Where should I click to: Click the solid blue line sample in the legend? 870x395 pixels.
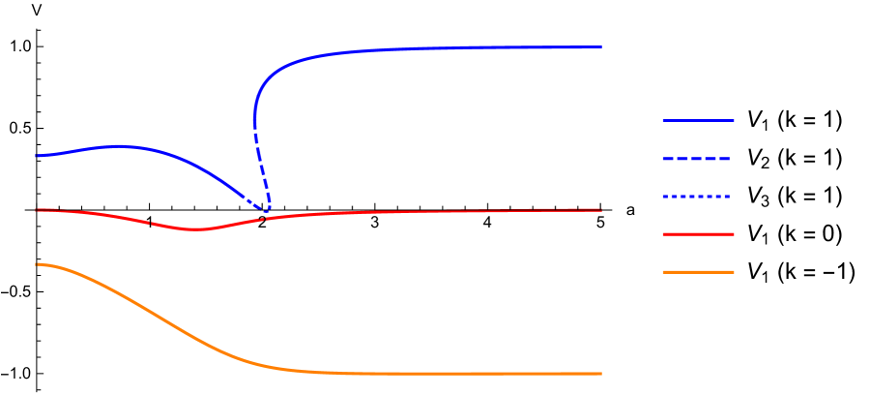click(698, 121)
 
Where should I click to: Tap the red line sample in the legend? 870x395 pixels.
click(698, 234)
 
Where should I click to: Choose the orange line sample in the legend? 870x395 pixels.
click(698, 272)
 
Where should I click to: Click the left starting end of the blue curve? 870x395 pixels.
click(37, 156)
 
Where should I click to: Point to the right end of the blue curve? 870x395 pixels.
click(601, 46)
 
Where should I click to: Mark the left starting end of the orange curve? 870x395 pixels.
click(37, 264)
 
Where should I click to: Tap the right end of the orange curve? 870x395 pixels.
click(601, 374)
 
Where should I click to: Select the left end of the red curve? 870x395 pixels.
click(37, 210)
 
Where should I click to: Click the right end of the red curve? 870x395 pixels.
click(601, 210)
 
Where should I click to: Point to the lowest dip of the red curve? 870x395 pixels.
click(197, 229)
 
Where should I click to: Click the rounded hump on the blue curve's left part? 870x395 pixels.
click(120, 146)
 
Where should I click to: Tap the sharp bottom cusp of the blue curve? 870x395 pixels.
click(267, 210)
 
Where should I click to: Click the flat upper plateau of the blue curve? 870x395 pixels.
click(464, 47)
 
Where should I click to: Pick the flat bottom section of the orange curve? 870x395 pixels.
click(464, 374)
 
